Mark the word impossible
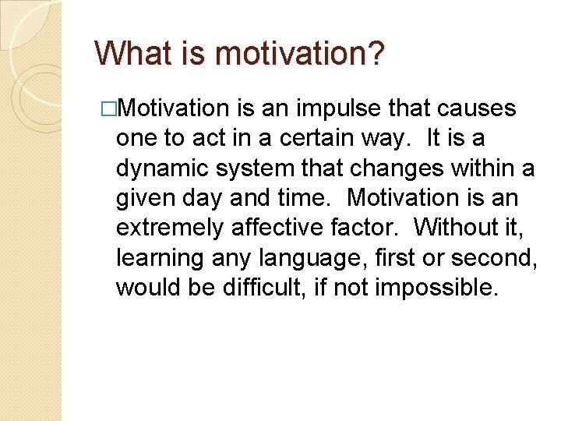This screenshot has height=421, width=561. tap(436, 287)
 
